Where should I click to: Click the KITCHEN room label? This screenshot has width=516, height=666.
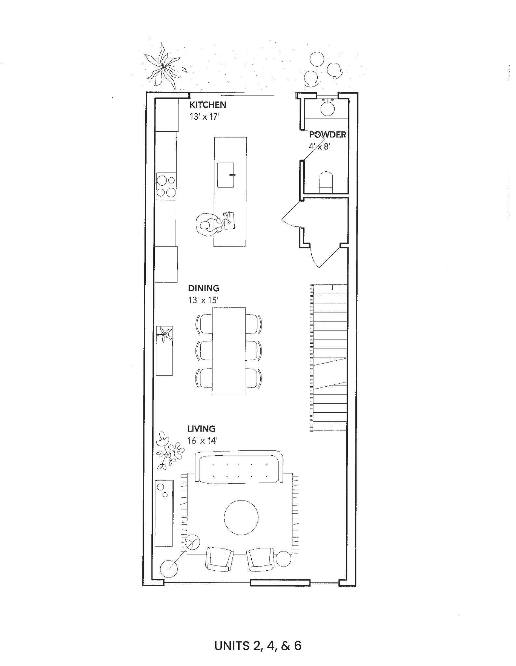tap(208, 105)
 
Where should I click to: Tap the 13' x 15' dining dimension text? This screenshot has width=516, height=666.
tap(203, 300)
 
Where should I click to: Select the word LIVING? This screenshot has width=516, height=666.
tap(201, 429)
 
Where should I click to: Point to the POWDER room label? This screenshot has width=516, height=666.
tap(327, 135)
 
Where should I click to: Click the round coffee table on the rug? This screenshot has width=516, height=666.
tap(241, 517)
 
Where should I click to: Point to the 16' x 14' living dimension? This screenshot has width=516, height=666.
tap(202, 441)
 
